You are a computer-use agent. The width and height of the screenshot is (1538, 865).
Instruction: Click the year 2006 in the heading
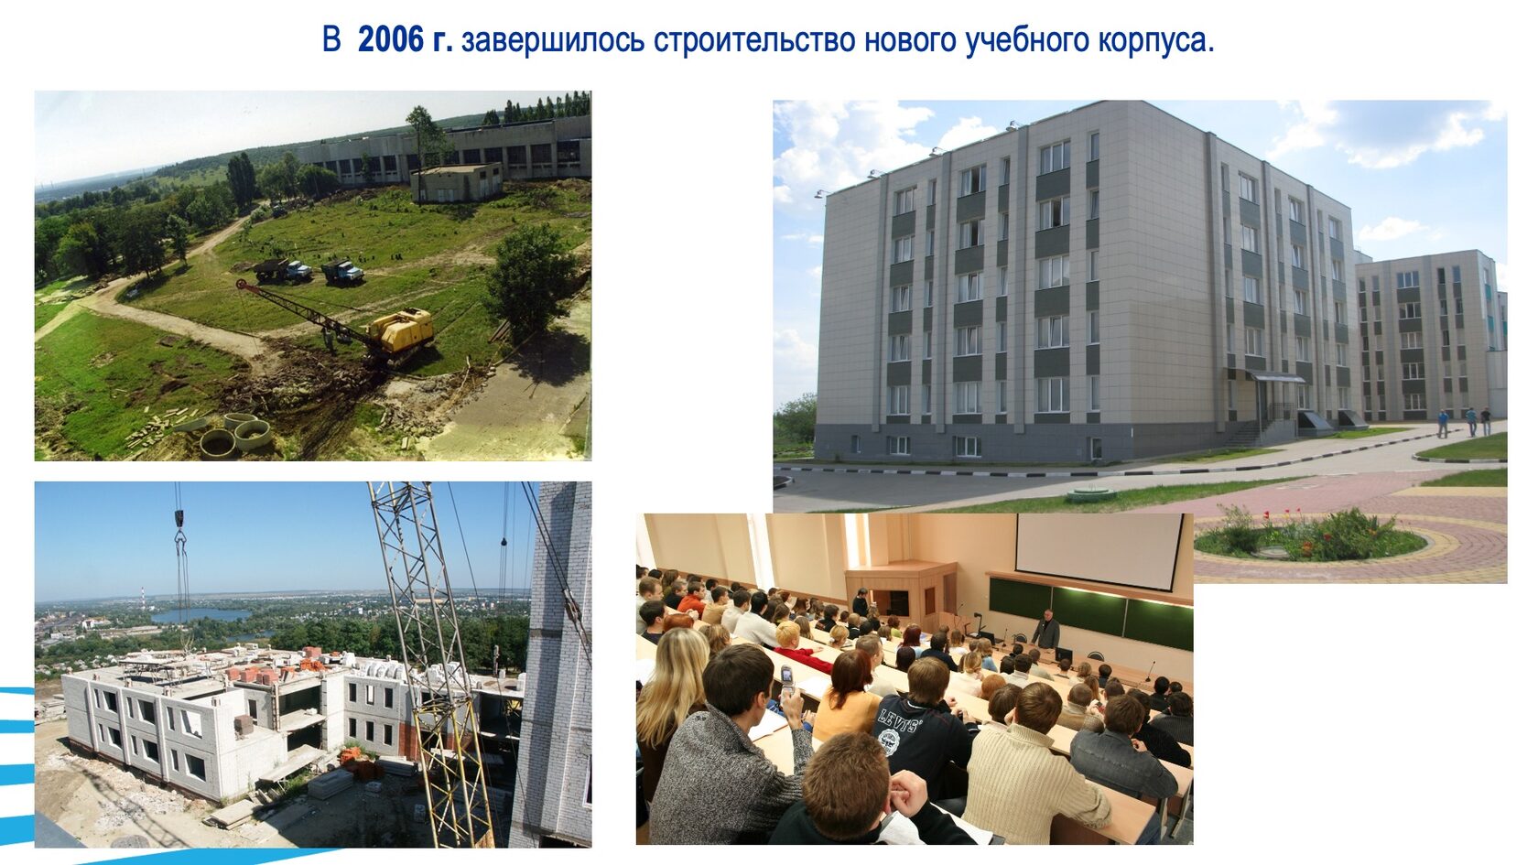click(x=391, y=40)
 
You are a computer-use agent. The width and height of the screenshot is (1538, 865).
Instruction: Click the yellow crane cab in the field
click(x=403, y=330)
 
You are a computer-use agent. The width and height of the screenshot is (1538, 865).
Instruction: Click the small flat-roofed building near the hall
click(x=457, y=181)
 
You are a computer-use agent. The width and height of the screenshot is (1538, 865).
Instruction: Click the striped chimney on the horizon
click(x=143, y=594)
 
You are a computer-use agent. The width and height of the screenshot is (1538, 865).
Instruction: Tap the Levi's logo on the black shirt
click(x=898, y=723)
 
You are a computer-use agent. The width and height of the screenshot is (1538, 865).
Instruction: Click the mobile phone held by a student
click(x=786, y=678)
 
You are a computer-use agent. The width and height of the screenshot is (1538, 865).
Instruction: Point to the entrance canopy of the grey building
click(x=1276, y=376)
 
